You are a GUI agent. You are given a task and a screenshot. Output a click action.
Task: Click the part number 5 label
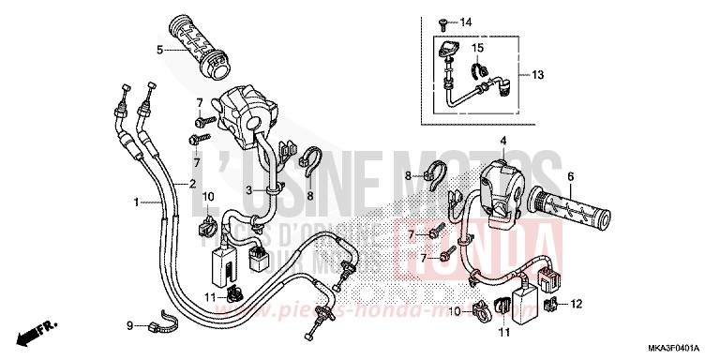click(x=160, y=50)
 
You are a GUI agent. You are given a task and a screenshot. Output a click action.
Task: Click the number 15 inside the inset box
click(x=477, y=47)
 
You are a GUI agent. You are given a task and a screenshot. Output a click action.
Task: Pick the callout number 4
click(x=502, y=142)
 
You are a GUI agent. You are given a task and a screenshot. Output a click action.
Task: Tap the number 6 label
click(x=596, y=175)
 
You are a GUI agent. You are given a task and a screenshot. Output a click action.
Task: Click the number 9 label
click(x=129, y=325)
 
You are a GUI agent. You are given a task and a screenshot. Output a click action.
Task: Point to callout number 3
click(x=249, y=190)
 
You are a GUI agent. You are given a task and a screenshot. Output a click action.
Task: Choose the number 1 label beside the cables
click(x=137, y=202)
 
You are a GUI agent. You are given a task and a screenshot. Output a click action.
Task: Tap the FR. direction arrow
click(x=35, y=331)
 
